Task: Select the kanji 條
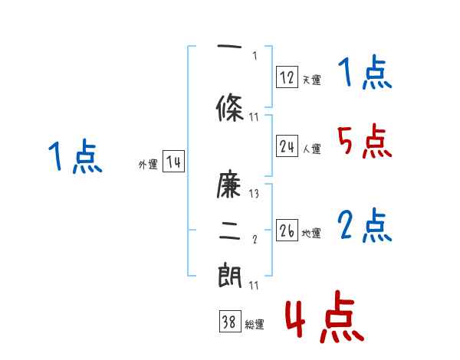(x=231, y=108)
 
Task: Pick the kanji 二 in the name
(x=231, y=232)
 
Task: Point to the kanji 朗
(x=231, y=274)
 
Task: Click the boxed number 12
(x=287, y=77)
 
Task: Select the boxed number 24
(x=287, y=147)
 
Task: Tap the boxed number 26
(x=287, y=231)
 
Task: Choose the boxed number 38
(x=229, y=323)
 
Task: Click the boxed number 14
(x=173, y=162)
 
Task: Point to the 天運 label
(x=311, y=80)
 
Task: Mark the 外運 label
(x=147, y=165)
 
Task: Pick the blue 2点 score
(x=364, y=226)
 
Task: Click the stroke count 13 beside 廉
(x=254, y=194)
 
